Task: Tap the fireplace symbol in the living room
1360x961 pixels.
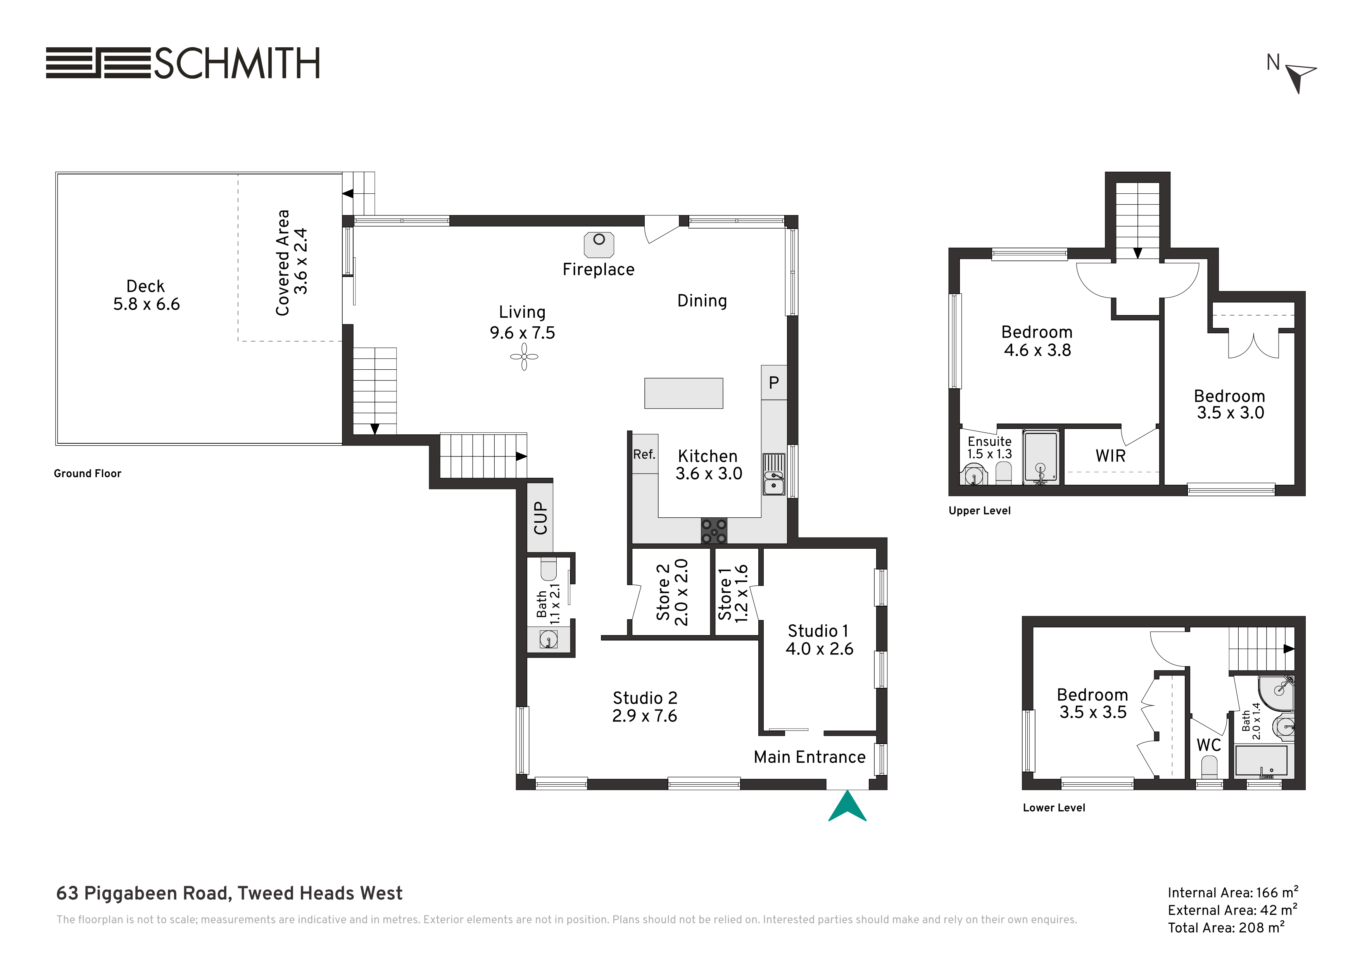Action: (x=599, y=245)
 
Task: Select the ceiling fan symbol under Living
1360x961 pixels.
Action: (x=524, y=356)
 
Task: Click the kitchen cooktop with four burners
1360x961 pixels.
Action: (x=714, y=531)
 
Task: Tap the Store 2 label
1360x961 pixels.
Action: (x=663, y=592)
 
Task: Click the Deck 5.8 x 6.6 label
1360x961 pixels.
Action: (x=146, y=295)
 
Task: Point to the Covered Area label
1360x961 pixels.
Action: (x=283, y=262)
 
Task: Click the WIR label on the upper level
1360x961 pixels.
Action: (x=1110, y=456)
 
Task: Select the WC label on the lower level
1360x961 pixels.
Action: (x=1208, y=745)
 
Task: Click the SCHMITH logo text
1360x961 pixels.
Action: (x=237, y=63)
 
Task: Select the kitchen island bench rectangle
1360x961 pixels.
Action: (x=683, y=393)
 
